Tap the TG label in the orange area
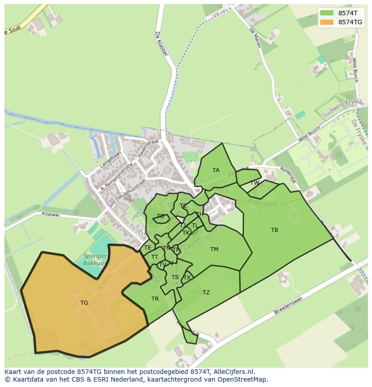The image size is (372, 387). (84, 302)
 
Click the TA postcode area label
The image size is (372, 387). (216, 170)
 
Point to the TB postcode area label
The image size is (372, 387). (275, 230)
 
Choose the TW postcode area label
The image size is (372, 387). (255, 183)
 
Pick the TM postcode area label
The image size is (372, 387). (214, 249)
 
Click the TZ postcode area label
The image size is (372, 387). (206, 292)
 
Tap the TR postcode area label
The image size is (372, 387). (155, 298)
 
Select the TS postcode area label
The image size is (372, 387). (175, 277)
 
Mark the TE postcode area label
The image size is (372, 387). (148, 247)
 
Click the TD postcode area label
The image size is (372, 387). (160, 216)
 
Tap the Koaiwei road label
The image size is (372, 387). (50, 214)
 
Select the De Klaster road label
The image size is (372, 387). (161, 43)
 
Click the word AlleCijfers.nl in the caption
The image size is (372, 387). (233, 372)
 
